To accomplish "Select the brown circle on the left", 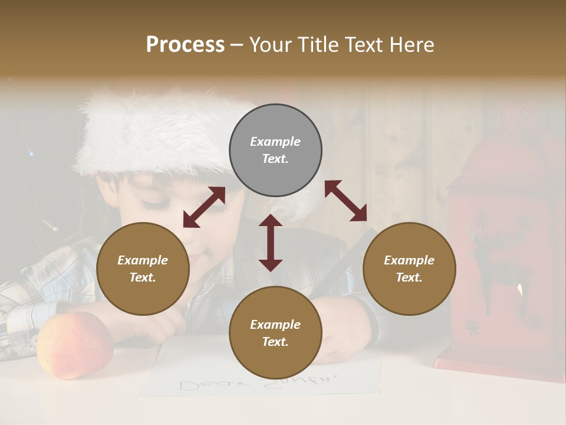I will (x=143, y=269).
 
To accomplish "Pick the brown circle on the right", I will (x=409, y=269).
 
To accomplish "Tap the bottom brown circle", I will (x=275, y=332).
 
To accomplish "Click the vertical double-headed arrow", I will (x=271, y=243).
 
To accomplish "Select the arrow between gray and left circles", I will (x=204, y=207).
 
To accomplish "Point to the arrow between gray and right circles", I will (x=345, y=201).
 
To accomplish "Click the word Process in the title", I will (x=185, y=45).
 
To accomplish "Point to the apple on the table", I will (x=74, y=345).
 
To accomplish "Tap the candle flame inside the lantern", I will (x=519, y=290).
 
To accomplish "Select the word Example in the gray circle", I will (x=275, y=142).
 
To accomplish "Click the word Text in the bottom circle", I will (x=275, y=342).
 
